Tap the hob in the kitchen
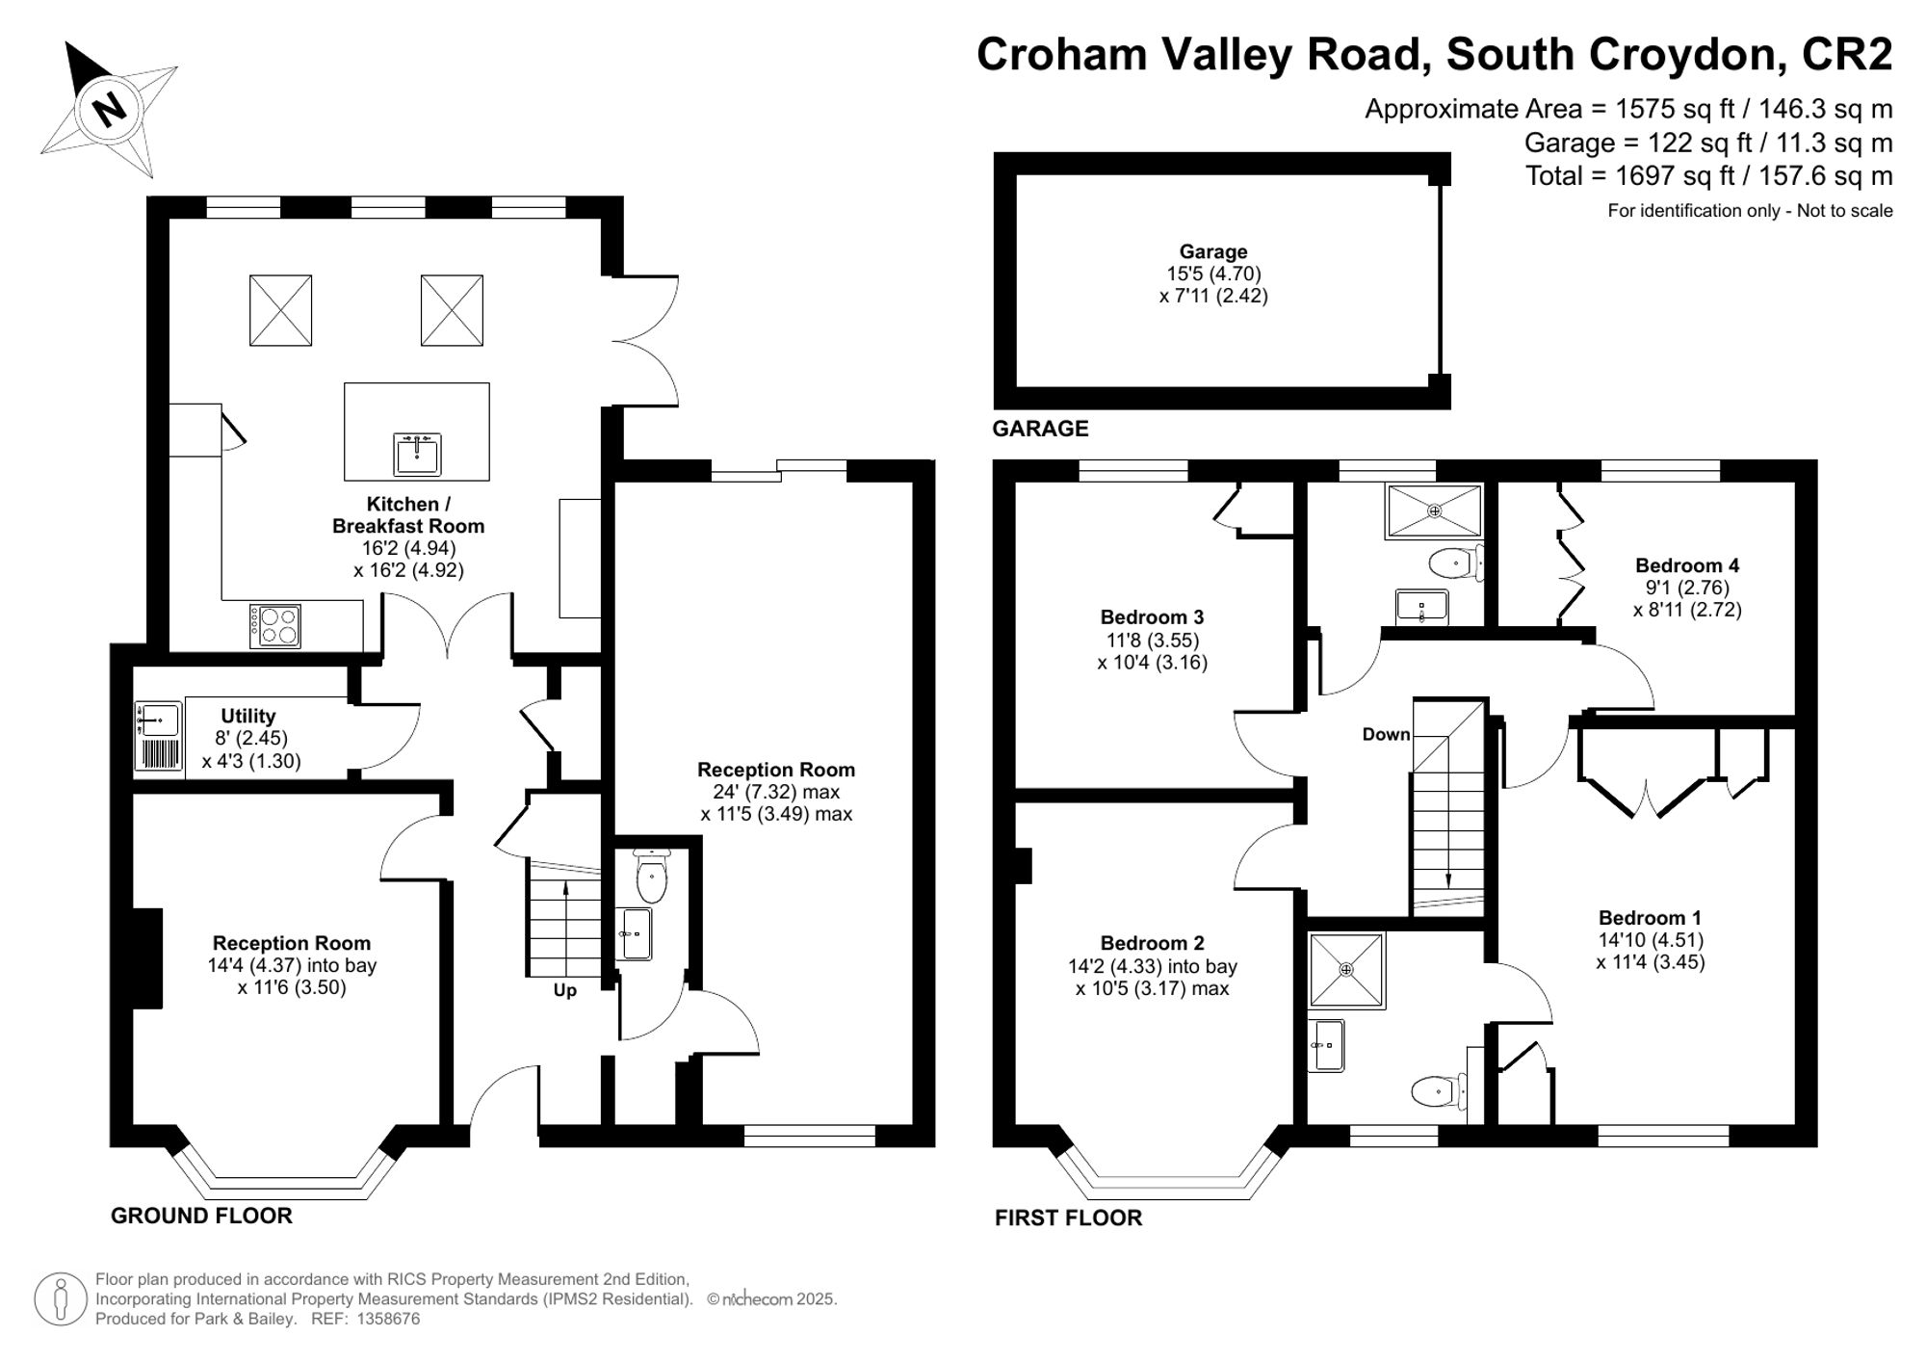[x=275, y=625]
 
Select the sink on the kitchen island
[x=417, y=454]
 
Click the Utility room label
[x=248, y=716]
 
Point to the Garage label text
[x=1213, y=251]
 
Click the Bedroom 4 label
[x=1686, y=565]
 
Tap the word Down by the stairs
[x=1386, y=734]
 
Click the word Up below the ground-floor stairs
[x=564, y=990]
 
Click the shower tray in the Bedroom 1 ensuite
[x=1346, y=969]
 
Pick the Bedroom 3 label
[x=1152, y=616]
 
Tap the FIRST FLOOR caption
[x=1068, y=1218]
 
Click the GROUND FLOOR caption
[x=201, y=1216]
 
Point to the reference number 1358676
[x=388, y=1319]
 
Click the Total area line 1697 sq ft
[x=1708, y=176]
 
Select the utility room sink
[x=158, y=720]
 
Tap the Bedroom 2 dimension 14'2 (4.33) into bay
[x=1153, y=966]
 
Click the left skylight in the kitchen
[x=280, y=310]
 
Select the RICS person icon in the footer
[x=62, y=1299]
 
